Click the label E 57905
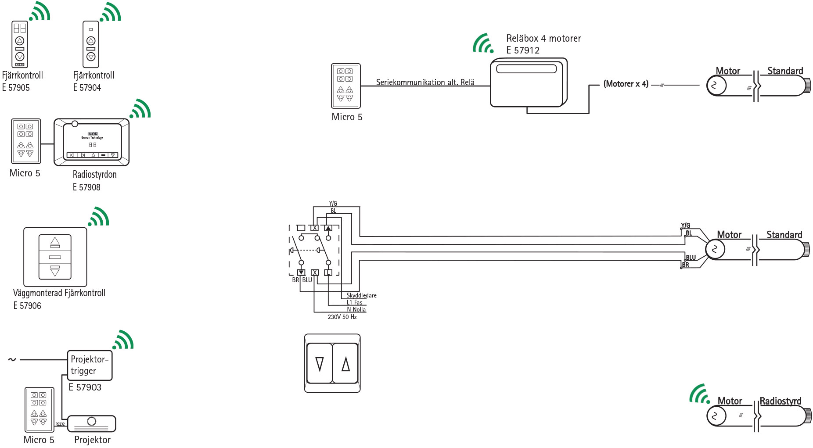pyautogui.click(x=16, y=88)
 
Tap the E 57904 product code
pyautogui.click(x=87, y=88)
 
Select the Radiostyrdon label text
pyautogui.click(x=94, y=175)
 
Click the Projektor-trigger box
pyautogui.click(x=90, y=365)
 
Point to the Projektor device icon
pyautogui.click(x=92, y=423)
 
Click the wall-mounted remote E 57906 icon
pyautogui.click(x=55, y=257)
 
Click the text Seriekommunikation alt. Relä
pyautogui.click(x=425, y=82)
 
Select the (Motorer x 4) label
pyautogui.click(x=626, y=84)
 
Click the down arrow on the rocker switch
pyautogui.click(x=320, y=364)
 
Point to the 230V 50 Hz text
pyautogui.click(x=342, y=317)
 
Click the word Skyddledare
pyautogui.click(x=361, y=295)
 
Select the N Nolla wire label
pyautogui.click(x=356, y=309)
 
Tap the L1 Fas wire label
pyautogui.click(x=354, y=302)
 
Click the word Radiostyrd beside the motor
pyautogui.click(x=780, y=401)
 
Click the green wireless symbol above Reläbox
pyautogui.click(x=483, y=43)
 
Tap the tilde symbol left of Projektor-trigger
pyautogui.click(x=12, y=360)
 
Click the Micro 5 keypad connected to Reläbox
pyautogui.click(x=345, y=86)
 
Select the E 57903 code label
pyautogui.click(x=85, y=387)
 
